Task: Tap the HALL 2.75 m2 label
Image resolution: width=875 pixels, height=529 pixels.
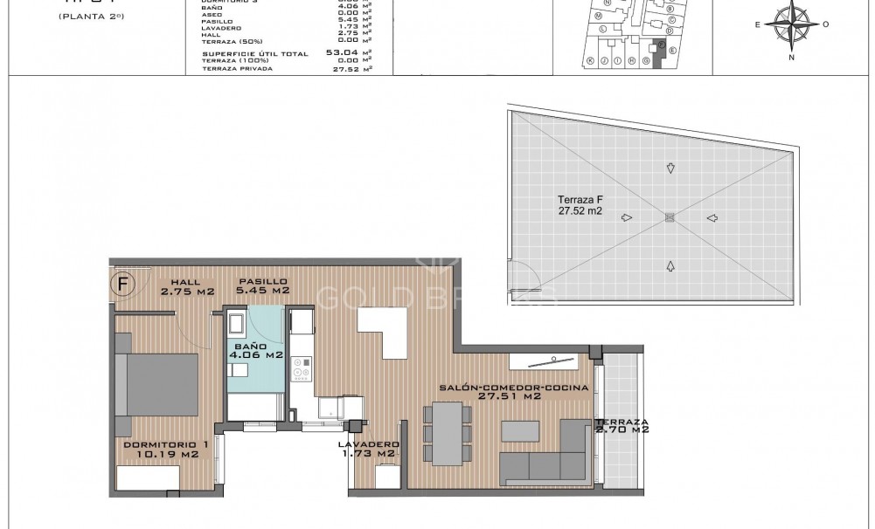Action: coord(185,287)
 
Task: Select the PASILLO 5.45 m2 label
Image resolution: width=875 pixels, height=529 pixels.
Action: coord(264,287)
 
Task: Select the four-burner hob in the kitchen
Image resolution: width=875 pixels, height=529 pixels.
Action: coord(302,370)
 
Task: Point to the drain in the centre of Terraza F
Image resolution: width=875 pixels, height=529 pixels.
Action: coord(670,217)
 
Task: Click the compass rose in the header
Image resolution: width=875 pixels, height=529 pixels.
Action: coord(792,25)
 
